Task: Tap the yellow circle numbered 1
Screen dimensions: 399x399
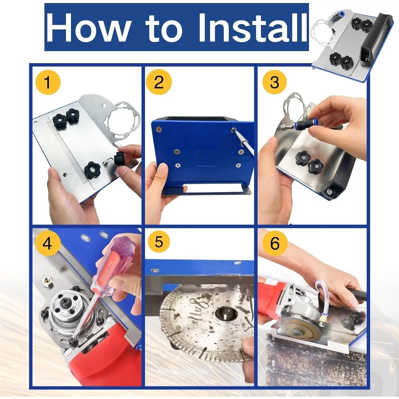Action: click(48, 82)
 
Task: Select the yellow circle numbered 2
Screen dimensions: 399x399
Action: click(159, 82)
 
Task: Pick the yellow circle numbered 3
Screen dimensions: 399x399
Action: click(275, 82)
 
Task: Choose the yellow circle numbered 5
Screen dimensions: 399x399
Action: click(159, 242)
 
